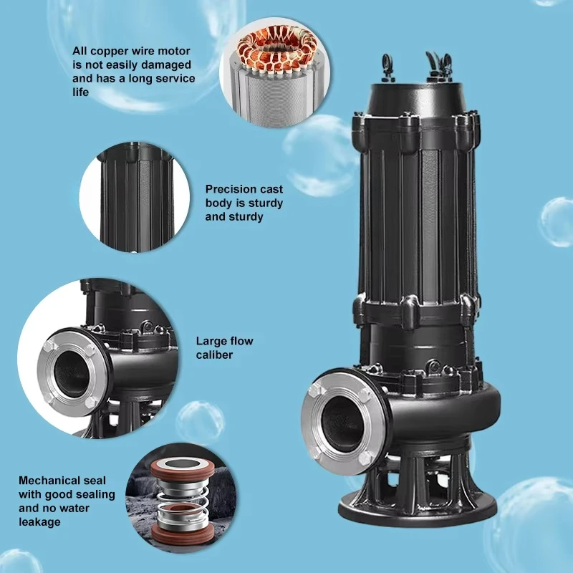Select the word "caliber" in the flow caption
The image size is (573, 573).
click(x=214, y=355)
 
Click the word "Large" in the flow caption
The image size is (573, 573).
click(x=211, y=342)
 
